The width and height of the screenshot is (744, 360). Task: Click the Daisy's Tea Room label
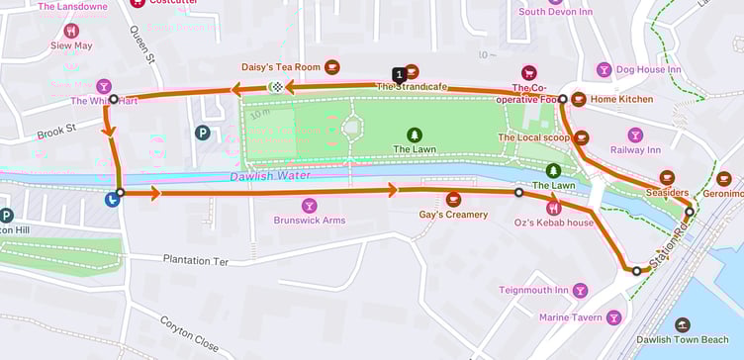click(x=281, y=67)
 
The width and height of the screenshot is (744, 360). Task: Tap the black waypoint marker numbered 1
click(x=399, y=75)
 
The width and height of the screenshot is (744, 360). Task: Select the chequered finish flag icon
click(x=279, y=88)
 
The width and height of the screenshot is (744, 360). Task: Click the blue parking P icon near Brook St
click(x=203, y=132)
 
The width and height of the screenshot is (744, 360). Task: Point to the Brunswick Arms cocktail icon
click(x=310, y=205)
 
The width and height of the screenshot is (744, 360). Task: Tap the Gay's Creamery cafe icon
click(x=453, y=199)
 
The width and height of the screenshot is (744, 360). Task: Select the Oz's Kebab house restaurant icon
click(x=553, y=208)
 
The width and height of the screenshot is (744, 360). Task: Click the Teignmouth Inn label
click(x=533, y=290)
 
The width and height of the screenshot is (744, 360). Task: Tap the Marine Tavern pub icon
click(x=613, y=317)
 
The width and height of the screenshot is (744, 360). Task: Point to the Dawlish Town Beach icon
click(x=682, y=324)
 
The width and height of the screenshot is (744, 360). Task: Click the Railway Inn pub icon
click(x=634, y=135)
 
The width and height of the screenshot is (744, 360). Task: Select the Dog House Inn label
click(x=648, y=69)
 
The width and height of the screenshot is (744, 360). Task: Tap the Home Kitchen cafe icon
click(x=578, y=100)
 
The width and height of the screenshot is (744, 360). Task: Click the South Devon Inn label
click(x=556, y=12)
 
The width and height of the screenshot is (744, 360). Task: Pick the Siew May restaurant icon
click(x=71, y=31)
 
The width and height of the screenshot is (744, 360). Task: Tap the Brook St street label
click(x=56, y=129)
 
